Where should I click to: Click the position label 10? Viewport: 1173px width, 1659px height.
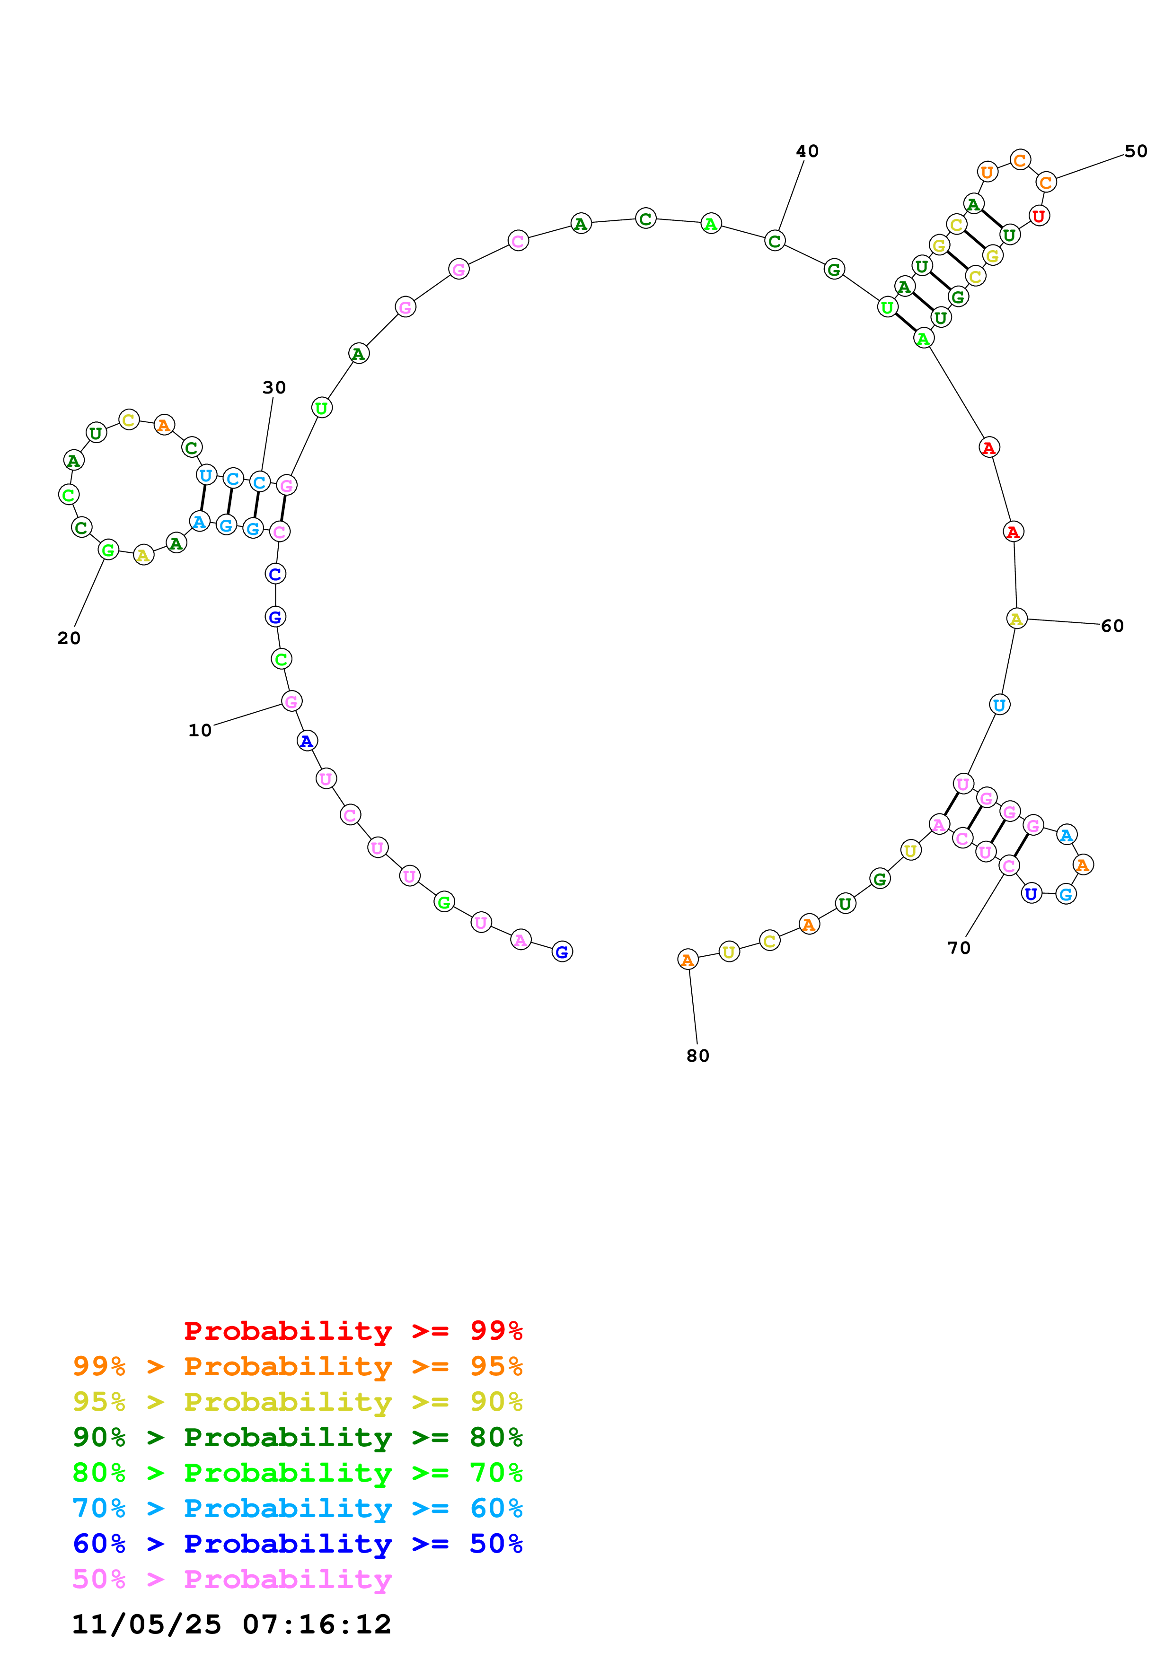200,731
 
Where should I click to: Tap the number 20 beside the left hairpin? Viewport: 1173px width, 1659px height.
69,638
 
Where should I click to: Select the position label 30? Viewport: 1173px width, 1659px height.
274,387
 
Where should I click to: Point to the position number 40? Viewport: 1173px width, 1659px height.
807,151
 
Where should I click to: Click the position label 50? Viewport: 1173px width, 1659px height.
1136,151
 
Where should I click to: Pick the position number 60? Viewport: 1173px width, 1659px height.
1112,626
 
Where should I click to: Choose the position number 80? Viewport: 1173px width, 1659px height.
697,1056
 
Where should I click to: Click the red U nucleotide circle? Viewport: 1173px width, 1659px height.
1039,215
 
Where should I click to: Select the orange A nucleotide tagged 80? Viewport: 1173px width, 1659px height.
688,960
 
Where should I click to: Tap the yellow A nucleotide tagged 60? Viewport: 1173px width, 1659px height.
1016,619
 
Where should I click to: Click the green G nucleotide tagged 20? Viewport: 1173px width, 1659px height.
108,550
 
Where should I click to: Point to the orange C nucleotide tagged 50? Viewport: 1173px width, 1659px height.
1046,182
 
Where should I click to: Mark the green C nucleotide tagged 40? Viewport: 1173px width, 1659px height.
775,241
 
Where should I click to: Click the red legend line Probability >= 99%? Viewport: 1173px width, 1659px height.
353,1330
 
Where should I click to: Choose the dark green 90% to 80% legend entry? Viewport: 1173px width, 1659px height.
298,1437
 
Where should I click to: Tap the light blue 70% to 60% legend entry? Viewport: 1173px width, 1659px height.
298,1508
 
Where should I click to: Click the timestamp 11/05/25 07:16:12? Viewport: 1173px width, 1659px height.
231,1624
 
